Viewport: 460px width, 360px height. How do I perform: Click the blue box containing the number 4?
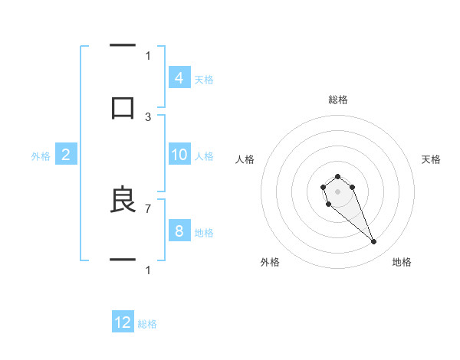coord(179,77)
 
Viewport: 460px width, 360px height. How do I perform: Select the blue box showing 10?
coord(179,155)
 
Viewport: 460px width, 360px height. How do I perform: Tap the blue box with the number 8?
coord(179,231)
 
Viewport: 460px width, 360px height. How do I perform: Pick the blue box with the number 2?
coord(66,155)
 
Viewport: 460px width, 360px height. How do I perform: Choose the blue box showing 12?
coord(123,322)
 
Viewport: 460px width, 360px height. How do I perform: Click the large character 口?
coord(123,107)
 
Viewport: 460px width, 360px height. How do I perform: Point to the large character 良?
coord(123,199)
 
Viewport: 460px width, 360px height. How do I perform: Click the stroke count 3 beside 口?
coord(148,117)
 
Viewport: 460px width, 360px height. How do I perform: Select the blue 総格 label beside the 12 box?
coord(147,324)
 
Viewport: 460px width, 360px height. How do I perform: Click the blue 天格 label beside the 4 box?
coord(204,79)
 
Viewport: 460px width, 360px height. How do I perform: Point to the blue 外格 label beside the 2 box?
coord(41,156)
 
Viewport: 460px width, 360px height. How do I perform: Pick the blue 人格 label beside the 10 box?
coord(204,156)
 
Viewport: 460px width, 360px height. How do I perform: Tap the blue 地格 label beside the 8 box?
coord(204,233)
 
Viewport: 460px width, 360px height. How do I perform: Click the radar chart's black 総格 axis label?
coord(337,100)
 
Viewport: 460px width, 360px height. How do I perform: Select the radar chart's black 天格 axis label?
coord(431,159)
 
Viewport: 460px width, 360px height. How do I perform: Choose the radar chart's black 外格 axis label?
coord(270,262)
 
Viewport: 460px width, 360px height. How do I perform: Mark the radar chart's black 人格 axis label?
coord(245,159)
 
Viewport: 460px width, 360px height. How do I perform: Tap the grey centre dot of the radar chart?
coord(337,191)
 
